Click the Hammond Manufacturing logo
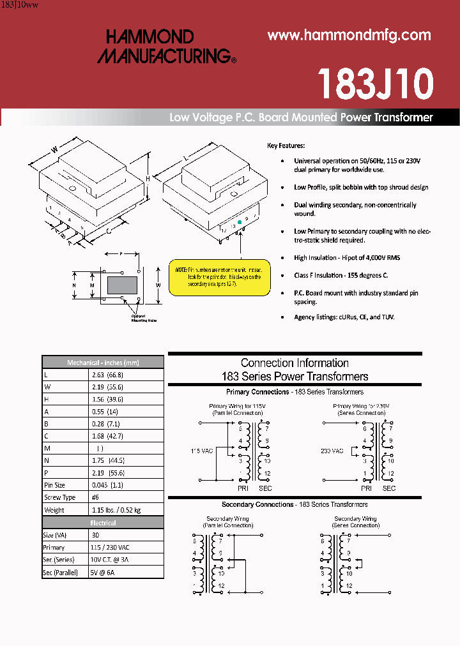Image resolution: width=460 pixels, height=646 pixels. tap(166, 47)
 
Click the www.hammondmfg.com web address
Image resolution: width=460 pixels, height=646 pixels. tap(349, 36)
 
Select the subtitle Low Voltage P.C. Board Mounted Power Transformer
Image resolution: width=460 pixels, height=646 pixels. tap(301, 117)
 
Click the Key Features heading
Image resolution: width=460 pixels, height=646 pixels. tap(286, 146)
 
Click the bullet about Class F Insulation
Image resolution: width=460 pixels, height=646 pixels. tap(341, 275)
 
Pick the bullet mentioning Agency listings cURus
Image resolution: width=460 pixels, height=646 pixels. tap(344, 317)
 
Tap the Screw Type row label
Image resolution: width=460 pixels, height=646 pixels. tap(59, 497)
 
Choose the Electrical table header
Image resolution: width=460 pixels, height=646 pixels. tap(103, 523)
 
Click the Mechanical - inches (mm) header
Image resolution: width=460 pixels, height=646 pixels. tap(103, 363)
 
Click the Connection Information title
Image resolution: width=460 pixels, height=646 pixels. tap(295, 363)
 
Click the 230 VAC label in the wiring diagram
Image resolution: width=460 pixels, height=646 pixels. tap(332, 451)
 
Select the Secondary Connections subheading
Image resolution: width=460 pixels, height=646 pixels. tap(295, 504)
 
